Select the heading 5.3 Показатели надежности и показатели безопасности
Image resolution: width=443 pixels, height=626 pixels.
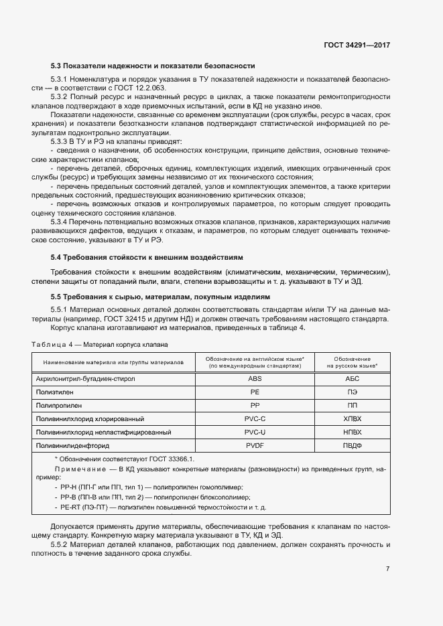(153, 66)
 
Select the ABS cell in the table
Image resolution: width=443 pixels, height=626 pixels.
(255, 378)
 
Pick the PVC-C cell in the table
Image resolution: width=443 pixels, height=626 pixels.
(255, 418)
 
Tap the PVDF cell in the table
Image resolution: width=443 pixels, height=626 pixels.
(255, 445)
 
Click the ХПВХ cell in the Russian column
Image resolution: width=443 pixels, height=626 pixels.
(352, 418)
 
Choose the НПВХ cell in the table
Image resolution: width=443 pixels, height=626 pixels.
(352, 432)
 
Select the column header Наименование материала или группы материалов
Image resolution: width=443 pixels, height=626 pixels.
(113, 362)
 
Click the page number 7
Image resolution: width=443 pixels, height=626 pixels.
(387, 568)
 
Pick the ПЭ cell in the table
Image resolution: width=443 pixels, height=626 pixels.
(352, 392)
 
